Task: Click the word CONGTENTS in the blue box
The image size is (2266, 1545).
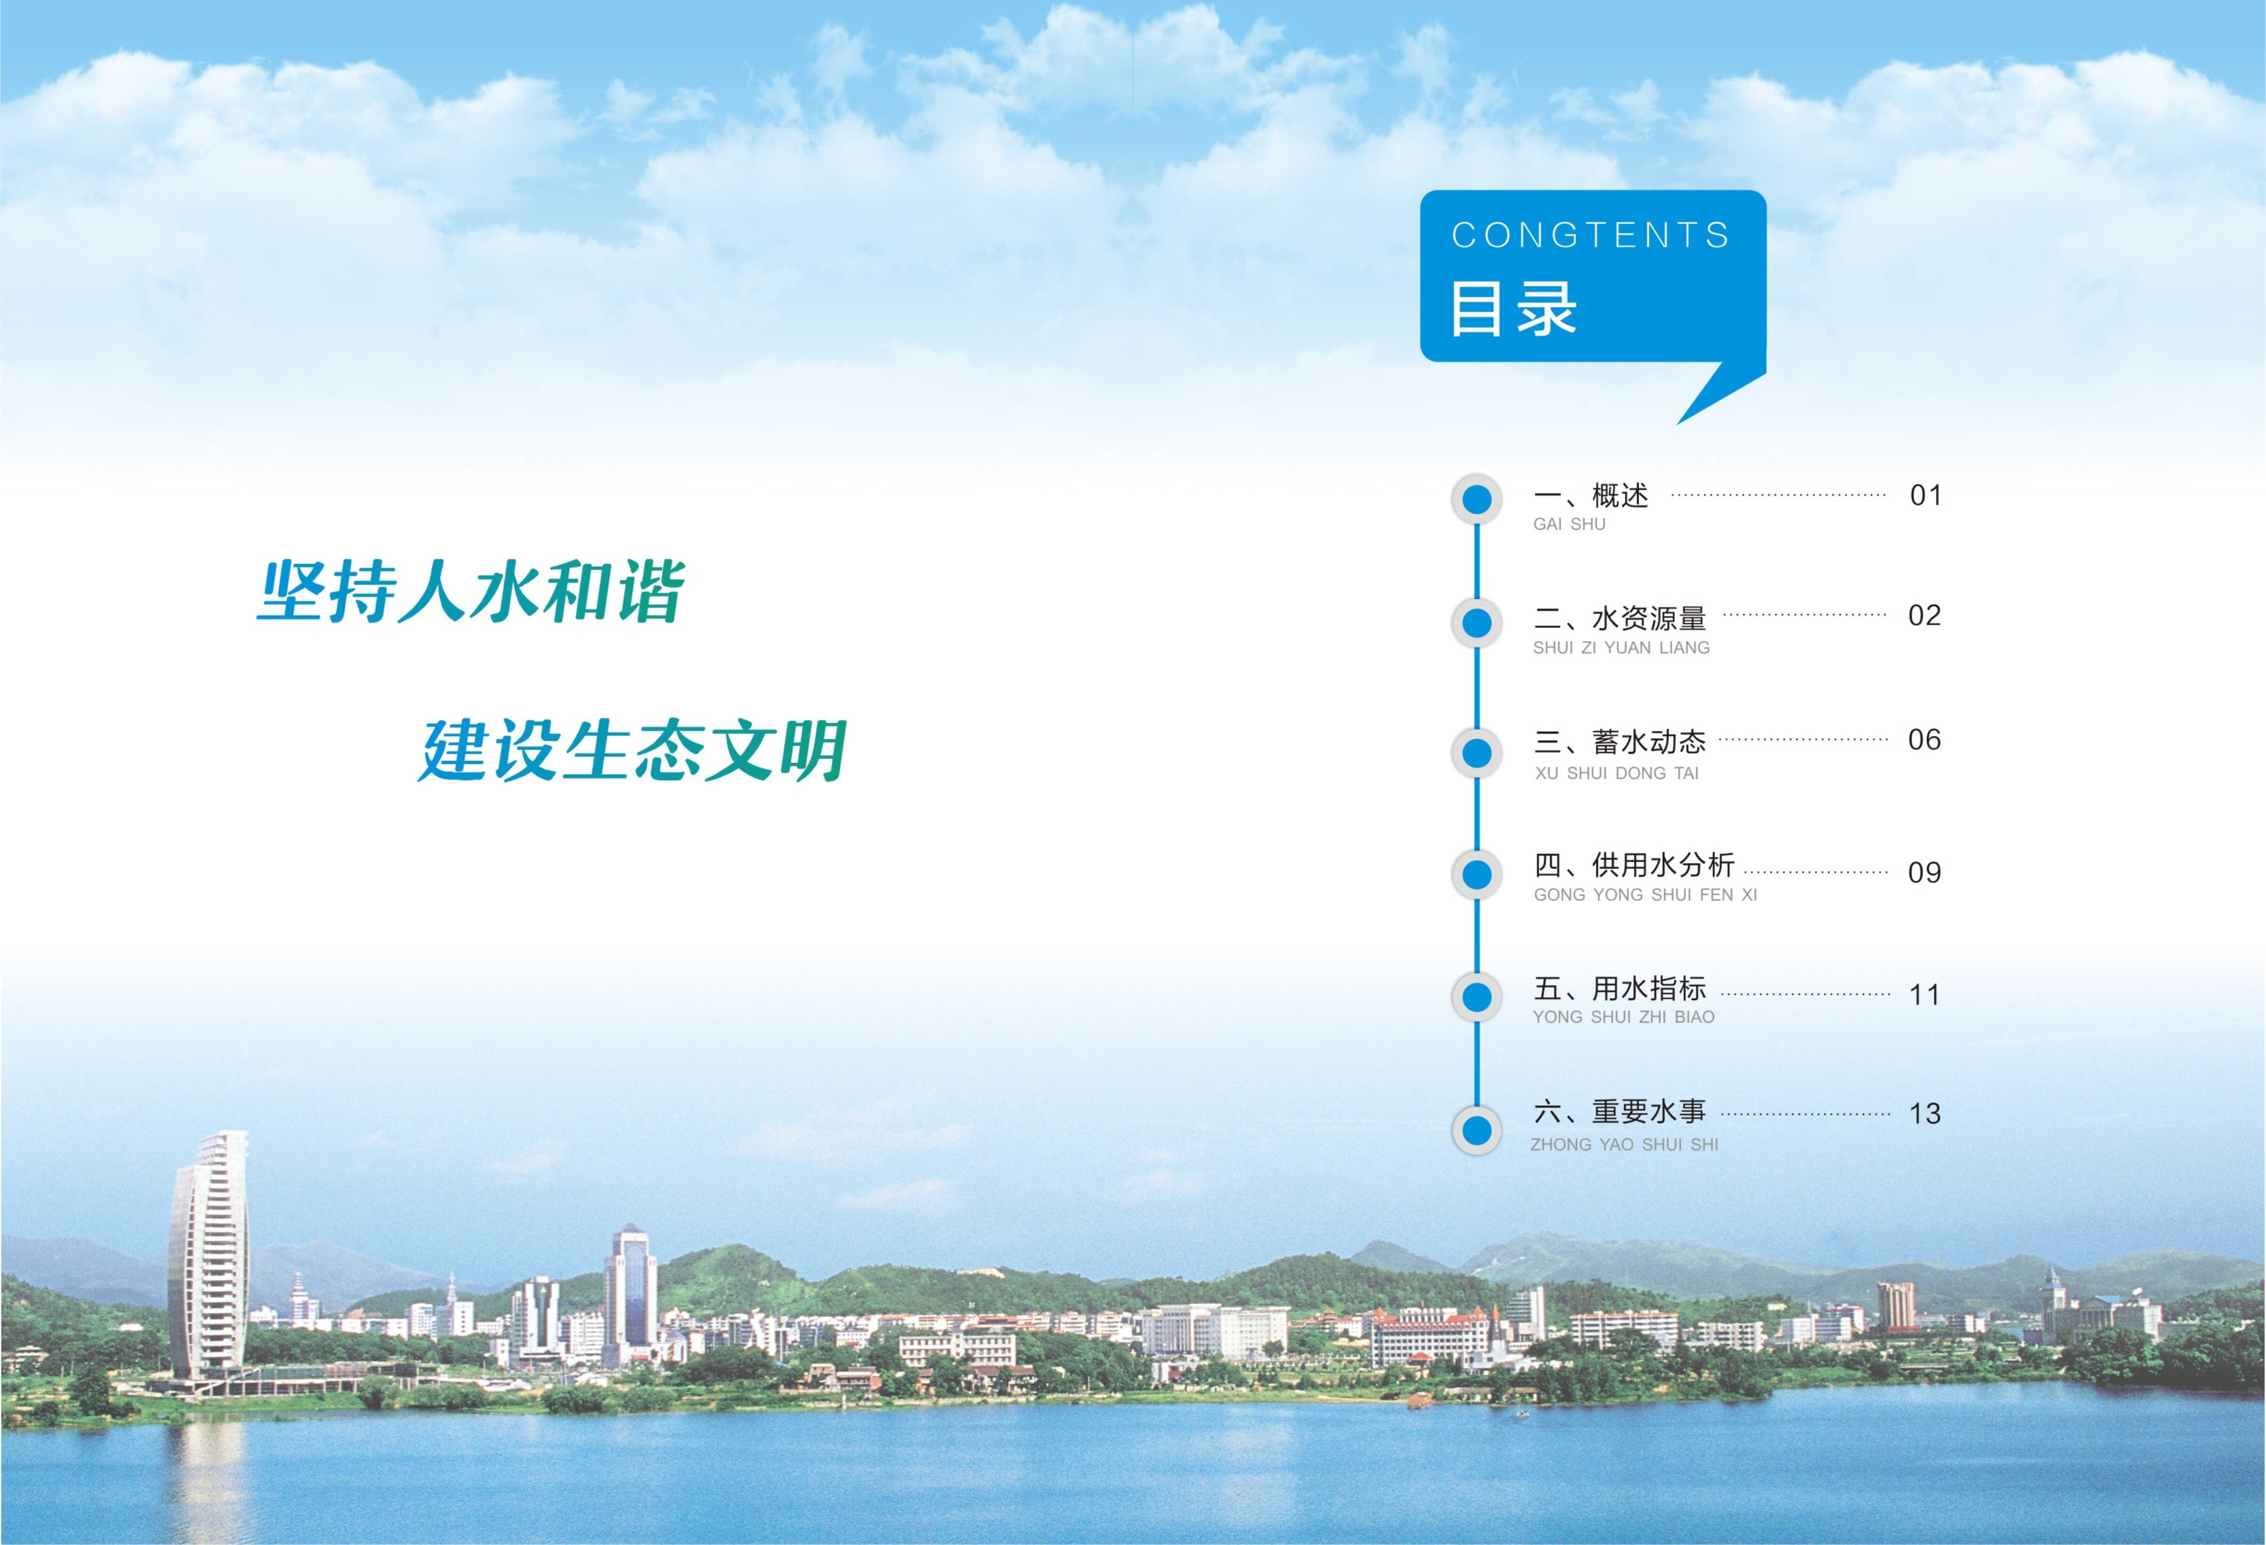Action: [x=1590, y=235]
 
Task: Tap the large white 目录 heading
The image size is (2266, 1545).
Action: [x=1513, y=308]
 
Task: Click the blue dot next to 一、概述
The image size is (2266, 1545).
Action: [x=1477, y=499]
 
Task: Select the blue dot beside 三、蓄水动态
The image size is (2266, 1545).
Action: [x=1477, y=753]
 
